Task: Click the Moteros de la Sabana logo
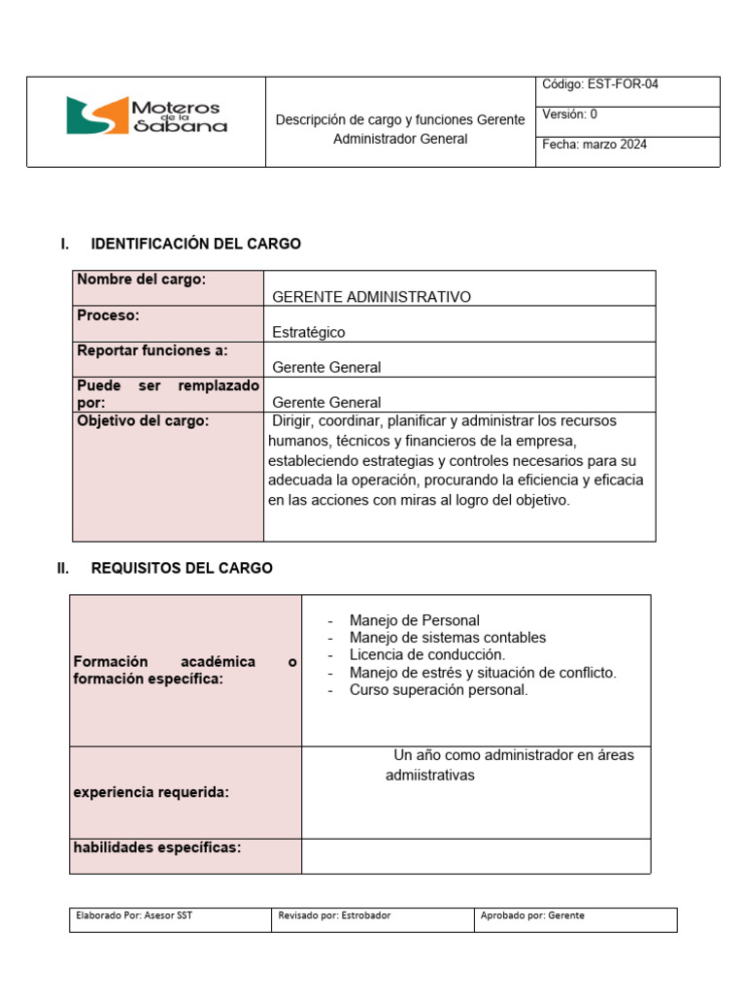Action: tap(146, 115)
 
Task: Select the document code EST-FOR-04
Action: tap(600, 84)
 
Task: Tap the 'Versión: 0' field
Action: tap(570, 115)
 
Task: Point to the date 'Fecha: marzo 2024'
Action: tap(594, 145)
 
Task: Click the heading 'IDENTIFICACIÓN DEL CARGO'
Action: tap(195, 244)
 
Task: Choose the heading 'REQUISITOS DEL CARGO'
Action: tap(182, 568)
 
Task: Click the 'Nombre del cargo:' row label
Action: tap(141, 280)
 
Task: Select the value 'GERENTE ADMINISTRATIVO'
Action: tap(371, 297)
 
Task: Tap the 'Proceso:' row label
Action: tap(108, 315)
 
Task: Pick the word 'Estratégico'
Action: tap(308, 332)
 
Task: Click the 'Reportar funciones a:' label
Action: tap(153, 350)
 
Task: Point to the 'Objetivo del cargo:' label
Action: tap(143, 421)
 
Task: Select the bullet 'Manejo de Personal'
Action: tap(414, 620)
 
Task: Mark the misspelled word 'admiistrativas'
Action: tap(429, 776)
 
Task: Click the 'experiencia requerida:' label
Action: tap(152, 792)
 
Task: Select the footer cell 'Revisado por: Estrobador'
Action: tap(334, 915)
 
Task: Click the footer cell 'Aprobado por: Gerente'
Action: tap(533, 915)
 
